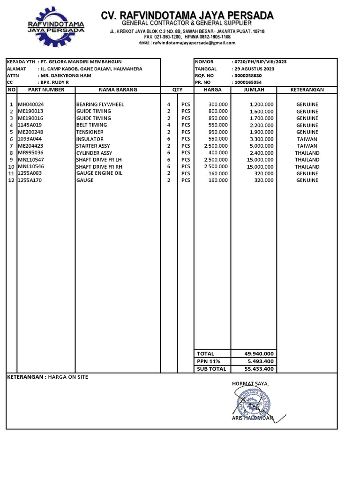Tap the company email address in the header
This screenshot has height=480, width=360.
point(187,43)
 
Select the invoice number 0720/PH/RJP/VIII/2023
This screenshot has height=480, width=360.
point(259,62)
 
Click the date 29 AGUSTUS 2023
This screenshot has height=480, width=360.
point(253,69)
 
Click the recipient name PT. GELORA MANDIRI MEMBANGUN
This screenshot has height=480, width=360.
point(81,62)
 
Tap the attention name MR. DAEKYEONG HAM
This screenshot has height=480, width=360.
point(66,75)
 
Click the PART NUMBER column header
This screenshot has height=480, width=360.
point(46,90)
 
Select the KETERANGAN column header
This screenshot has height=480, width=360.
point(307,90)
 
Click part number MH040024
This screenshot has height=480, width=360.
point(31,105)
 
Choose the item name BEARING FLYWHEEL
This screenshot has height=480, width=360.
point(100,105)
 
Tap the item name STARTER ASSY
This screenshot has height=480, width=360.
point(93,146)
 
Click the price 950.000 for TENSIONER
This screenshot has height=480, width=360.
point(218,132)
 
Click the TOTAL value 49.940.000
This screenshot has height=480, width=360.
point(259,354)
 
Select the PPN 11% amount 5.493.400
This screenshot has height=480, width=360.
point(261,361)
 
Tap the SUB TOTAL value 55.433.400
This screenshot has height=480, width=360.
point(259,369)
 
